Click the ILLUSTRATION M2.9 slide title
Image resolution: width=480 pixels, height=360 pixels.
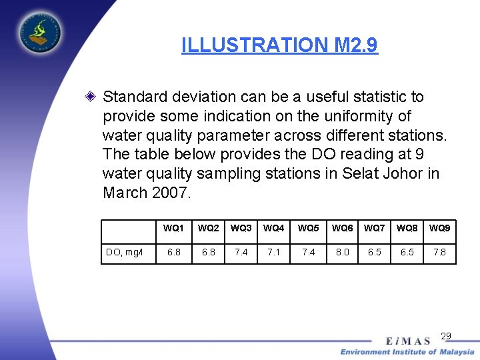point(279,45)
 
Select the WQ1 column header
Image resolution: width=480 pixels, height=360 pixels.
point(173,229)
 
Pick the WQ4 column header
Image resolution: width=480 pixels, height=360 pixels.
point(273,229)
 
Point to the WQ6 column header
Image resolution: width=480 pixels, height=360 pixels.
point(342,229)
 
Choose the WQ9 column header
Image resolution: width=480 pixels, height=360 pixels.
point(439,229)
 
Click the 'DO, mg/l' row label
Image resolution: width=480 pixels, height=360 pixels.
point(125,253)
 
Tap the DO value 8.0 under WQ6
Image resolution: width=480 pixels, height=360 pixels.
point(342,253)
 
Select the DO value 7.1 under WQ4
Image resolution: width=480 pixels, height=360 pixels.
point(273,253)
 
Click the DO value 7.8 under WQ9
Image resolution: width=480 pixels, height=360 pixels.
point(439,253)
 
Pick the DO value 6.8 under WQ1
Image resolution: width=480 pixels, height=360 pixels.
point(173,253)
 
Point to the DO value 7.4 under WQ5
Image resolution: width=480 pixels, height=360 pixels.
point(307,253)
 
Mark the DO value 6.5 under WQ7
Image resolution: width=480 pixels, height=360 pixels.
point(375,253)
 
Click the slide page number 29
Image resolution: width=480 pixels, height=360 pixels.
point(446,335)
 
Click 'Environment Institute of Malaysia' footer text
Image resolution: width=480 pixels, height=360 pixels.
point(407,352)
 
